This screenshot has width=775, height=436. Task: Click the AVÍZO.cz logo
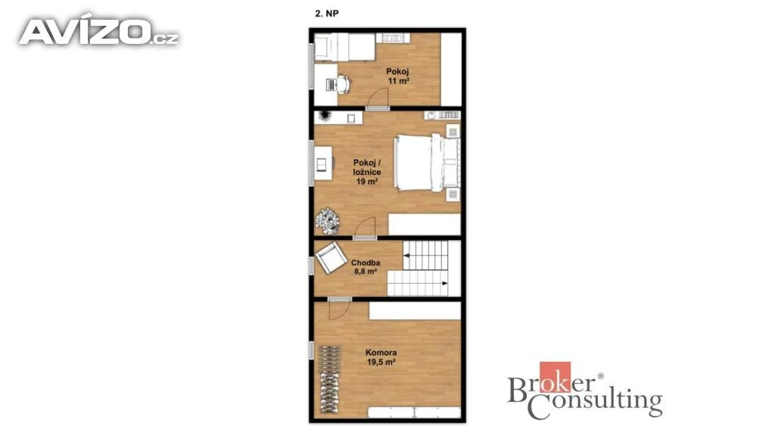[x=99, y=32]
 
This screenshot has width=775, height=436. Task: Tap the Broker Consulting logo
[x=585, y=391]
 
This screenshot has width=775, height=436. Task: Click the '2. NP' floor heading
[x=327, y=14]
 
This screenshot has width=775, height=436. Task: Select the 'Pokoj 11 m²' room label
[x=398, y=76]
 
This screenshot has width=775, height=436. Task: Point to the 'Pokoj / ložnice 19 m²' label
[x=367, y=172]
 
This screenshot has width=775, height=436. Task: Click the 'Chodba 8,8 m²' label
[x=366, y=267]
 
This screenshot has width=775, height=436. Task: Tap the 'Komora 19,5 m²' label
[x=381, y=357]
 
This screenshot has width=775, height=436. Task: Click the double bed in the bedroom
[x=427, y=163]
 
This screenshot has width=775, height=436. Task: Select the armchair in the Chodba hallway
[x=331, y=257]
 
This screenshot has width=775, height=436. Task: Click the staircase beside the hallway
[x=424, y=269]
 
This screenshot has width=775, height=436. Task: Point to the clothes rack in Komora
[x=330, y=379]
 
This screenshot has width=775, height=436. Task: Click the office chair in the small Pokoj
[x=344, y=84]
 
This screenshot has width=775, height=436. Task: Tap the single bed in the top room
[x=344, y=47]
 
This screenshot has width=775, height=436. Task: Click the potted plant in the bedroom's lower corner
[x=327, y=220]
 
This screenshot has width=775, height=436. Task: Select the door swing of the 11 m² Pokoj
[x=378, y=98]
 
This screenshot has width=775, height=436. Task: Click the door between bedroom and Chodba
[x=365, y=229]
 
